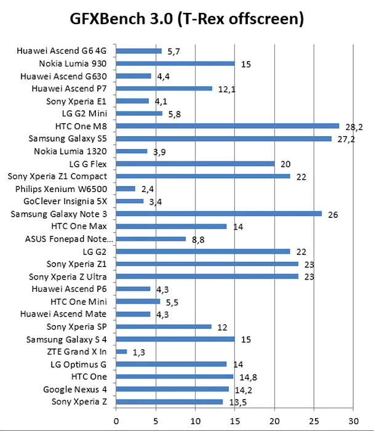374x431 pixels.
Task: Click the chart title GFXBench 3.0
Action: (187, 20)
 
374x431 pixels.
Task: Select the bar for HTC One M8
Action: (228, 126)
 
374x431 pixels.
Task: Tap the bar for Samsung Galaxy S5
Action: (223, 139)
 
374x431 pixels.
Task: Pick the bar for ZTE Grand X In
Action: (121, 352)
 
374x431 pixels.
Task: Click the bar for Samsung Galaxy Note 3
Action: (219, 214)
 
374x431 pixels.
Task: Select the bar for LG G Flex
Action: (195, 164)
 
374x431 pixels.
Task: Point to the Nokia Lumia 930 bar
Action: (175, 63)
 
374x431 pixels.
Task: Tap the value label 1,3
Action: (139, 352)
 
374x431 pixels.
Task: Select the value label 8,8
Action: (198, 239)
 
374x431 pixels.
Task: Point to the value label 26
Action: (333, 214)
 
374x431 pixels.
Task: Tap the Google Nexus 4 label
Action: (74, 389)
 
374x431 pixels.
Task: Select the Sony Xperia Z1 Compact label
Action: (57, 176)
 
